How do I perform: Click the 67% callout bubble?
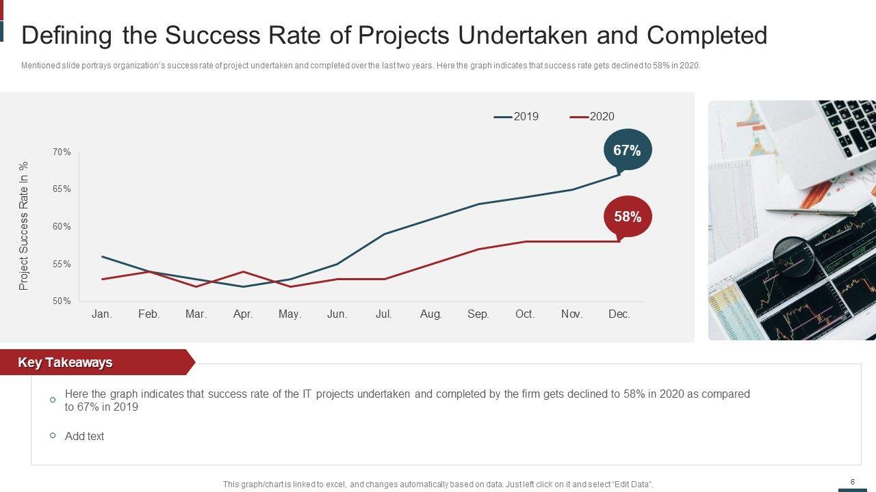coord(628,150)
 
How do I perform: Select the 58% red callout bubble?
coord(628,217)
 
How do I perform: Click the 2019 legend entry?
coord(517,116)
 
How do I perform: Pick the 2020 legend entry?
coord(593,116)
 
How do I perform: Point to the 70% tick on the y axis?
coord(62,152)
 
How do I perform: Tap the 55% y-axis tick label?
coord(62,264)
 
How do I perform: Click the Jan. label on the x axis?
coord(102,314)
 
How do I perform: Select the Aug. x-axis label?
coord(430,314)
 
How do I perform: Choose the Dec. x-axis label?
coord(619,314)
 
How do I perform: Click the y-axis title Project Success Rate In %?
coord(24,226)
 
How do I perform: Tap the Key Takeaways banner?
coord(65,362)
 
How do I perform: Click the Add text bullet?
coord(84,436)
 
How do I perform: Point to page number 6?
coord(852,482)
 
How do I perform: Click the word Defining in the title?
coord(67,36)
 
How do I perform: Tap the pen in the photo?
coord(811,213)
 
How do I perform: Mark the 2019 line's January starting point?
coord(102,256)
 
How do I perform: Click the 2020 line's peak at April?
coord(243,272)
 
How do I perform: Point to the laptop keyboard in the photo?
coord(849,126)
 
